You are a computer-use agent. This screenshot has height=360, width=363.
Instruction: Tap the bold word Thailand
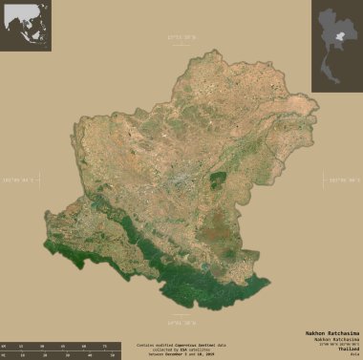coord(349,349)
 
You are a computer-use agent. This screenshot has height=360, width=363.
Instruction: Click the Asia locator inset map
coord(26,26)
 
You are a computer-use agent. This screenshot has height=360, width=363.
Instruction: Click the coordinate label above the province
coord(181,37)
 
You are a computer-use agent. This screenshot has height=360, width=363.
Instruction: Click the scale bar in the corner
coord(53,349)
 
